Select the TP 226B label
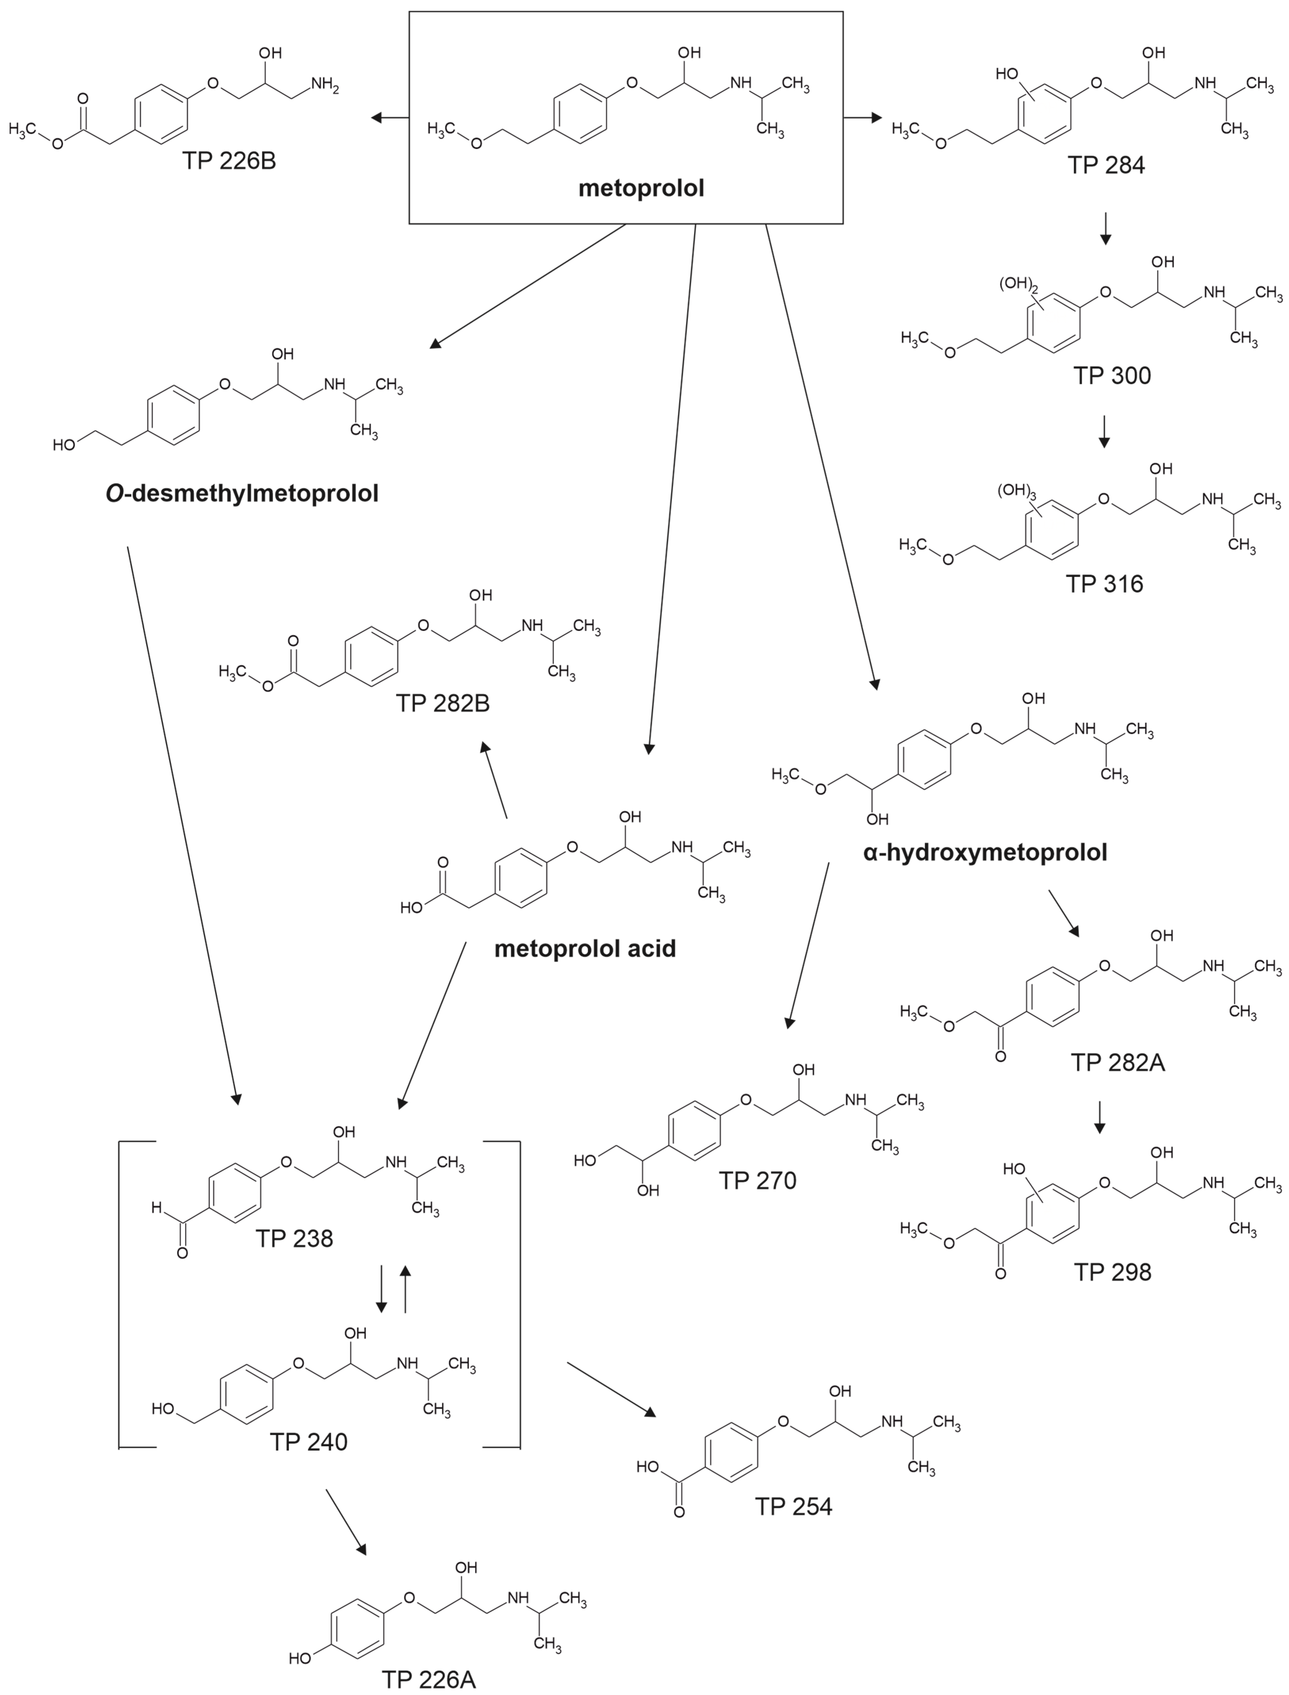coord(229,161)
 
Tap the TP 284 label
coord(1106,165)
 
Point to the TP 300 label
coord(1112,376)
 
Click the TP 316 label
coord(1104,584)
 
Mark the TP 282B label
coord(443,704)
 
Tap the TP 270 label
coord(757,1180)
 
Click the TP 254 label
coord(793,1506)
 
